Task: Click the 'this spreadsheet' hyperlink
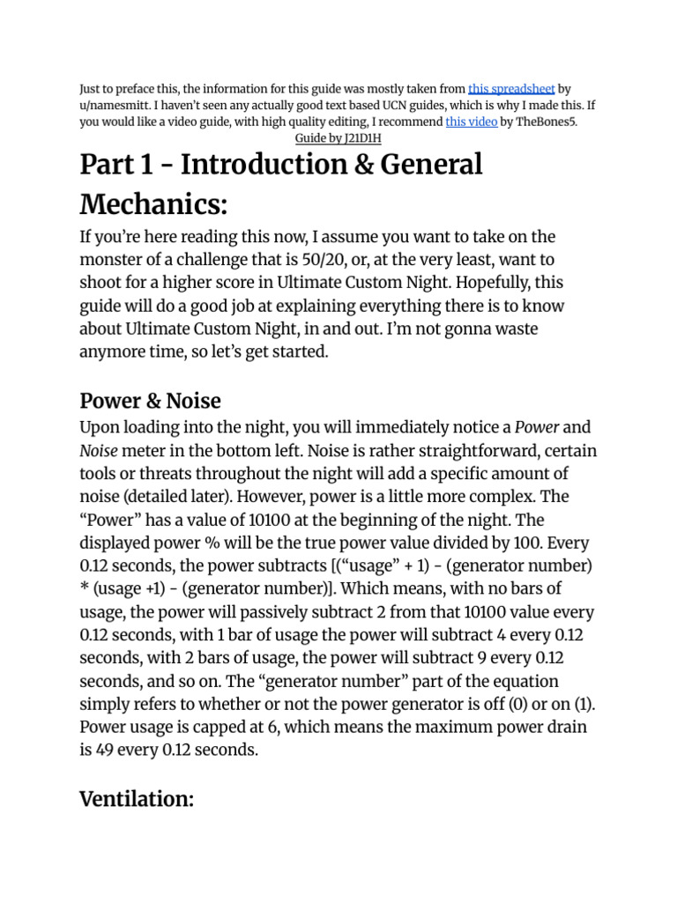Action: [x=511, y=89]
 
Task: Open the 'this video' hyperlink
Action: [x=472, y=122]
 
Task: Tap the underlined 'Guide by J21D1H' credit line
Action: [x=338, y=139]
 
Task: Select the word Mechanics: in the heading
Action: [x=153, y=205]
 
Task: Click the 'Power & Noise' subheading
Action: [x=150, y=401]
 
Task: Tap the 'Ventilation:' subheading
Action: [x=137, y=774]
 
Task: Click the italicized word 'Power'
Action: [x=537, y=429]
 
